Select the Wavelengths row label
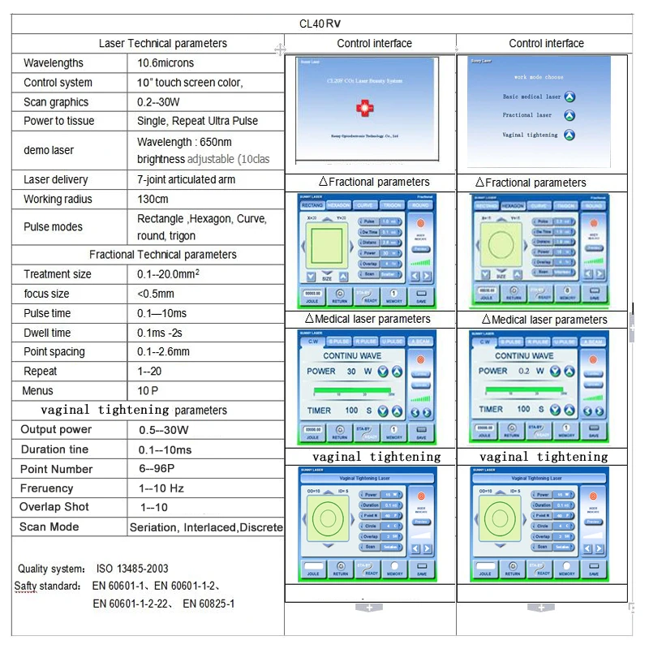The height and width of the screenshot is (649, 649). point(54,63)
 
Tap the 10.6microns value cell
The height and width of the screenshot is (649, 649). point(165,63)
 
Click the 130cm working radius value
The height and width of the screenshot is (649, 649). point(153,200)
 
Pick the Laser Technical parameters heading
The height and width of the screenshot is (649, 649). point(163,44)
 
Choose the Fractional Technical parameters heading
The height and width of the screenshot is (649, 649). point(163,255)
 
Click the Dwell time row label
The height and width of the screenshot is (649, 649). point(47,333)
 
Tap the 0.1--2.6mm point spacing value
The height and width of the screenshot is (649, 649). point(164,352)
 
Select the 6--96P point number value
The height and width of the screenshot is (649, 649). point(157,469)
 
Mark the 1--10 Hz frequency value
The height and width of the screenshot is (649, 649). point(162,488)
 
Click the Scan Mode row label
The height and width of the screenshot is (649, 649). point(49,527)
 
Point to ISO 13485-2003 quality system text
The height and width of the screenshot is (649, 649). point(132,569)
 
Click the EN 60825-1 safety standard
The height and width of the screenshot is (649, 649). point(208,604)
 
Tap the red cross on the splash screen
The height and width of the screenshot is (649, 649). point(363,107)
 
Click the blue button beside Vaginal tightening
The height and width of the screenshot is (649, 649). point(569,135)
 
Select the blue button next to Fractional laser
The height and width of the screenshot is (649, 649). point(569,116)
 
